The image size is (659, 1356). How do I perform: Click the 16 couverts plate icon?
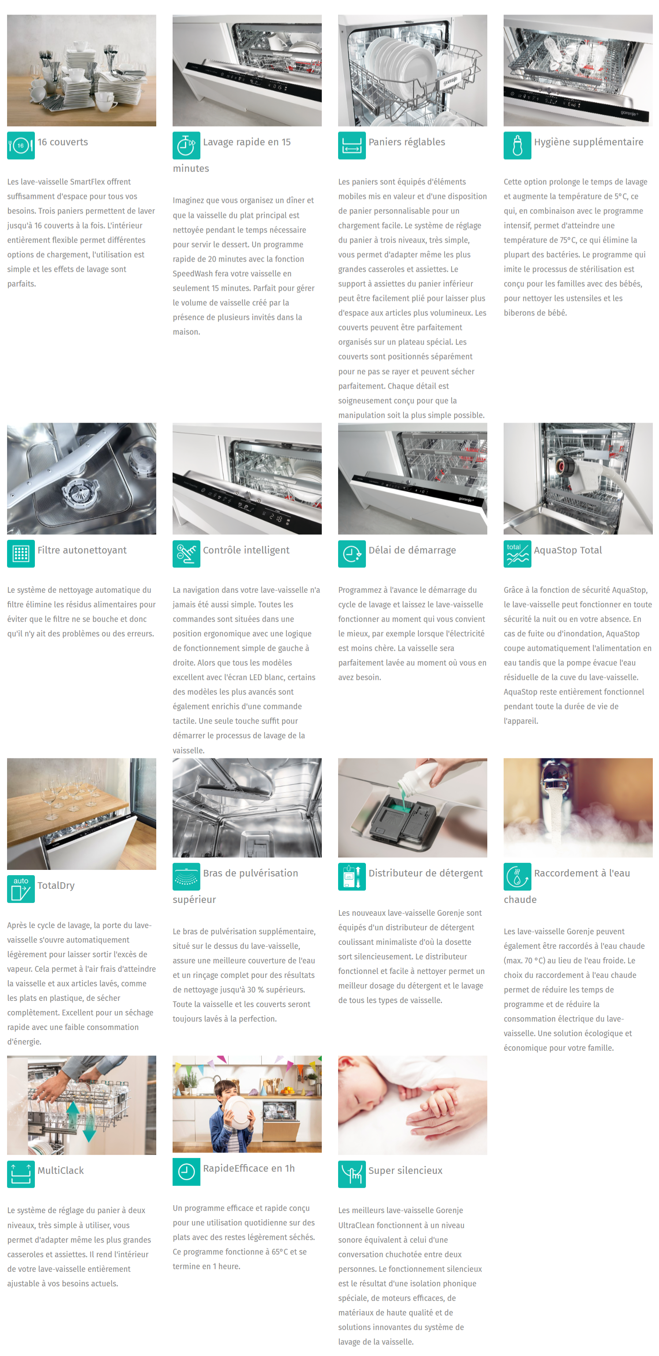(x=21, y=145)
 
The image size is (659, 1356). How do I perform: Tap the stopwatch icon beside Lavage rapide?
(x=186, y=145)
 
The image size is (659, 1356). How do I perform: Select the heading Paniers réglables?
(x=407, y=142)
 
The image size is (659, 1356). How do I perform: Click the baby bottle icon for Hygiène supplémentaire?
(x=517, y=145)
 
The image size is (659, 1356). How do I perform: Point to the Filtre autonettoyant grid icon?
(x=21, y=554)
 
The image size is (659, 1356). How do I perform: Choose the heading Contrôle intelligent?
(x=246, y=550)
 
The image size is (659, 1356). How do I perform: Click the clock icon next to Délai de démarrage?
(x=352, y=554)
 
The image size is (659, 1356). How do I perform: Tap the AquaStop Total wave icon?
(x=517, y=554)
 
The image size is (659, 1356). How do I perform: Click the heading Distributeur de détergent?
(x=426, y=873)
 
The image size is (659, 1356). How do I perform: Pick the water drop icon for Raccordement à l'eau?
(x=517, y=877)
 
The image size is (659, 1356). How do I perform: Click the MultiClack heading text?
(x=60, y=1171)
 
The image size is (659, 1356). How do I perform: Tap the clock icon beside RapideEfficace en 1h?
(x=186, y=1172)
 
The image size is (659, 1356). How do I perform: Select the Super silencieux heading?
(x=405, y=1171)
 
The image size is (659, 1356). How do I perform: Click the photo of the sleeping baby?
(x=412, y=1105)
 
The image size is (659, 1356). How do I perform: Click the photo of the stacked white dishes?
(x=82, y=71)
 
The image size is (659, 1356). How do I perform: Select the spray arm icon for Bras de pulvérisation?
(x=186, y=877)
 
